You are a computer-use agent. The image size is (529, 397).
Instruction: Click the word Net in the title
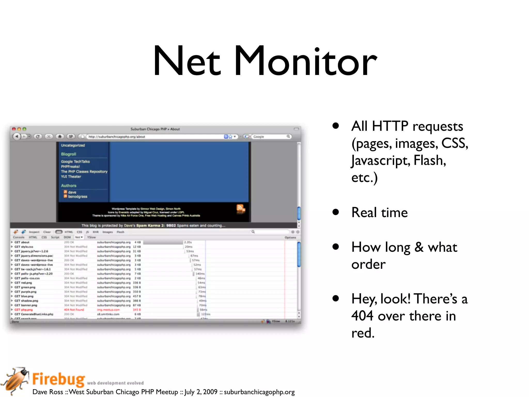pyautogui.click(x=187, y=61)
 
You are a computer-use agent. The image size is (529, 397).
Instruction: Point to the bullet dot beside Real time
pyautogui.click(x=336, y=212)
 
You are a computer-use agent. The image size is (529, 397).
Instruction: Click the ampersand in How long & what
pyautogui.click(x=419, y=247)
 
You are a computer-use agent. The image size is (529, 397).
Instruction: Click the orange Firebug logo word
pyautogui.click(x=59, y=379)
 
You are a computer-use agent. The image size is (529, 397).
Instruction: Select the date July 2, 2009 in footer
pyautogui.click(x=201, y=392)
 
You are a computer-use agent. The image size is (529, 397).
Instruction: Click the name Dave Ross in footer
pyautogui.click(x=48, y=392)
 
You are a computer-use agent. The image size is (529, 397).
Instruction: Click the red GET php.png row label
pyautogui.click(x=24, y=310)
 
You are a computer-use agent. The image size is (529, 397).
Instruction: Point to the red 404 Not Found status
pyautogui.click(x=74, y=310)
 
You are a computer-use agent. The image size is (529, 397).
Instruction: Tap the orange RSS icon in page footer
pyautogui.click(x=240, y=208)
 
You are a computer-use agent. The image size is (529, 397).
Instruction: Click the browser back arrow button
pyautogui.click(x=17, y=136)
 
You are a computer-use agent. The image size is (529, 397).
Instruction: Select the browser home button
pyautogui.click(x=60, y=136)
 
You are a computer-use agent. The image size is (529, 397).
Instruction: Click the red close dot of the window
pyautogui.click(x=14, y=129)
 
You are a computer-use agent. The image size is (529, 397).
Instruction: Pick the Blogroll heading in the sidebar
pyautogui.click(x=68, y=154)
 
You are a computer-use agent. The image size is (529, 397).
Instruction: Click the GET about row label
pyautogui.click(x=22, y=242)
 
